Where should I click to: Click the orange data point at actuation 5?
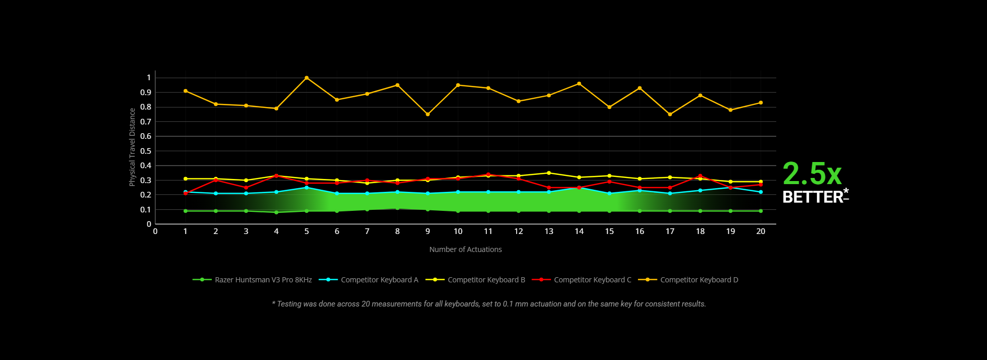306,78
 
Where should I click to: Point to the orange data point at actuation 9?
428,114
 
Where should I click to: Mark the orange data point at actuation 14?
579,84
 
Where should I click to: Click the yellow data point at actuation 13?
549,173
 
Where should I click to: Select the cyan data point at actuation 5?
306,188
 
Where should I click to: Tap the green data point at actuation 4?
276,212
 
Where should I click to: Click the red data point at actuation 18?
700,176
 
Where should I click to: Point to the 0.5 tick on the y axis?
146,151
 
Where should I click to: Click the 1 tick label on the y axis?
149,78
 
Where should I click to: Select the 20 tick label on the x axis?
760,231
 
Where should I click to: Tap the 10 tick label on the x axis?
458,231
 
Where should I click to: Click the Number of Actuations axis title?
465,249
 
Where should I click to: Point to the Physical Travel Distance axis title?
132,147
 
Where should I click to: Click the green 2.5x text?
812,174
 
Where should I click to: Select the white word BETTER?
812,197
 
